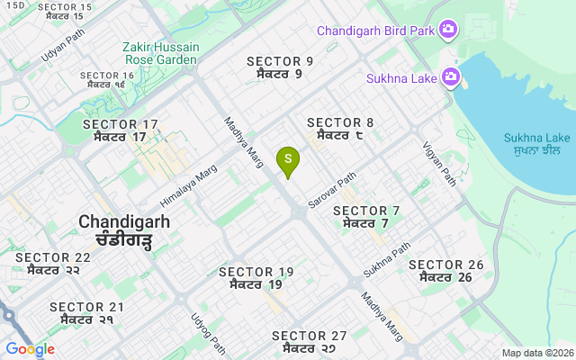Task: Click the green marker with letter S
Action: click(x=288, y=159)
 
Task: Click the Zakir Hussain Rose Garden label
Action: click(x=159, y=53)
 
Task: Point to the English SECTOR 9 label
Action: click(x=280, y=61)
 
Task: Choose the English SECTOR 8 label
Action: click(x=340, y=122)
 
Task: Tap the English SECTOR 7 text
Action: click(x=366, y=211)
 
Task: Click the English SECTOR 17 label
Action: click(x=121, y=124)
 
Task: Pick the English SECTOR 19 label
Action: click(x=256, y=272)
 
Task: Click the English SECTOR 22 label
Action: click(x=53, y=257)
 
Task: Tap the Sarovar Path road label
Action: click(x=332, y=186)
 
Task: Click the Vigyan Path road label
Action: click(x=439, y=164)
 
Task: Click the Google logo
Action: click(x=30, y=349)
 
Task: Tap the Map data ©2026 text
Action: click(x=536, y=353)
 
